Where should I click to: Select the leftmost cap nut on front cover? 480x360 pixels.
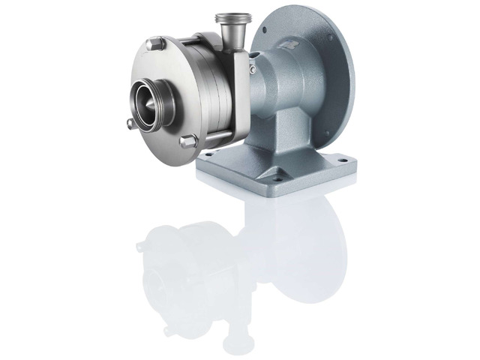(x=130, y=121)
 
